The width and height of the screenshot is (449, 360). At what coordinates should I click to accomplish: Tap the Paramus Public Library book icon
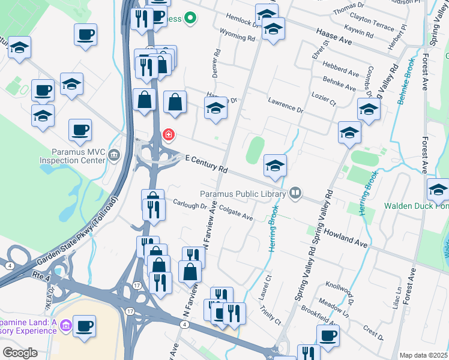[x=295, y=193]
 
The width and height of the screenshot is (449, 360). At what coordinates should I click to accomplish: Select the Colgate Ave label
[x=236, y=213]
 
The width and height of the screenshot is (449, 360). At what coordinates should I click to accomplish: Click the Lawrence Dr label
[x=286, y=107]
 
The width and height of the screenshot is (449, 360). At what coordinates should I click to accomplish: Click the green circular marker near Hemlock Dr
[x=190, y=19]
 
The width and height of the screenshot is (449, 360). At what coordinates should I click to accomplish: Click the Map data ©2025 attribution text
[x=423, y=355]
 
